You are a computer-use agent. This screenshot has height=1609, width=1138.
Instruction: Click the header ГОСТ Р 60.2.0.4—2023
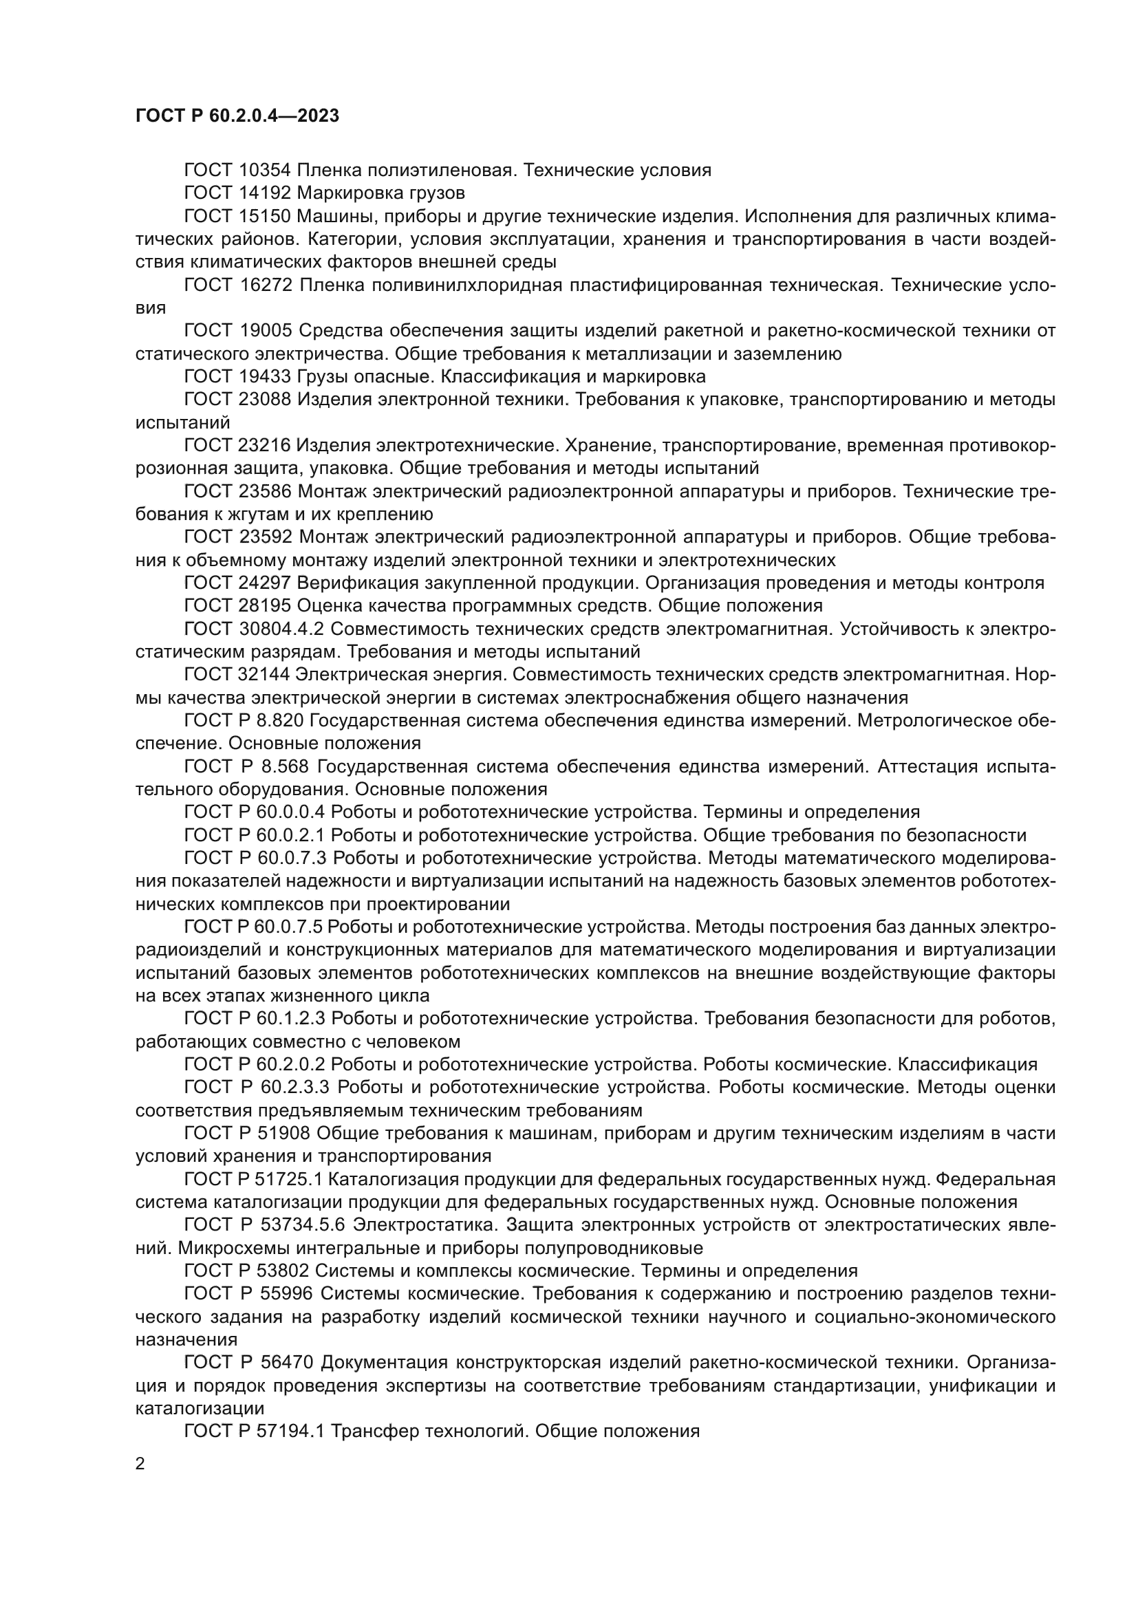[237, 116]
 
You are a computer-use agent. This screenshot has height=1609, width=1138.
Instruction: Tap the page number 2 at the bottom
[140, 1464]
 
